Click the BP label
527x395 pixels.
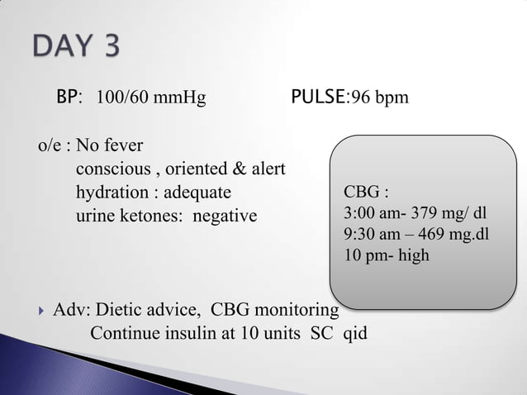coord(68,99)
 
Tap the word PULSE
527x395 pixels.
coord(318,99)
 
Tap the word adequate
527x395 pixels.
coord(197,193)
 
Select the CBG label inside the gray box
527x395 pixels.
coord(360,193)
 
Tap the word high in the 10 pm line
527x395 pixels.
coord(413,255)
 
